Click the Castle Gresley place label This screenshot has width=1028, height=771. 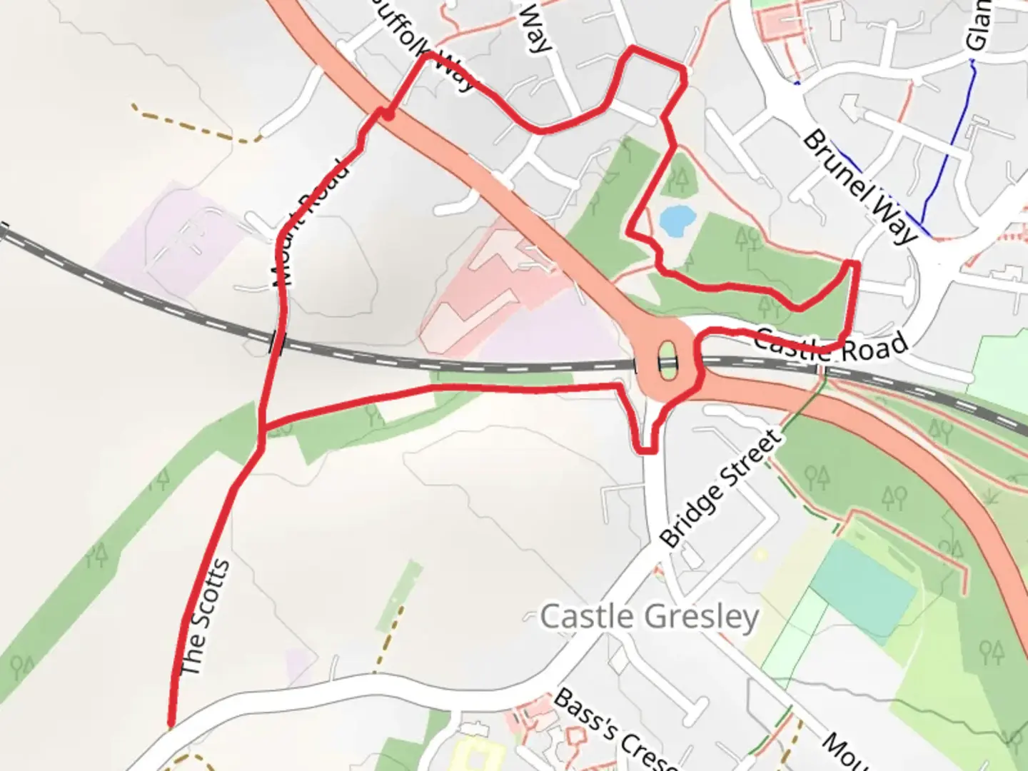(x=649, y=617)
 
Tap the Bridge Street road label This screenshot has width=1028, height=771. (x=721, y=490)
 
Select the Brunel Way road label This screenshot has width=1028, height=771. (x=860, y=186)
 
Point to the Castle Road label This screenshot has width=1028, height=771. (x=832, y=346)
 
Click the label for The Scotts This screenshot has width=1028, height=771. (x=206, y=618)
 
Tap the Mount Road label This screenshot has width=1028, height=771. (x=312, y=225)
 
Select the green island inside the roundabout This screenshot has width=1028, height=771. (x=667, y=361)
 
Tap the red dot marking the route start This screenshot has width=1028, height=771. (x=389, y=114)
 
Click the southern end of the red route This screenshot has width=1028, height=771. (x=171, y=725)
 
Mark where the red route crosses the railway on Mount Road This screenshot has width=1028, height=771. (x=278, y=342)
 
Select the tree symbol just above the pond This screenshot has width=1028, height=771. (x=680, y=178)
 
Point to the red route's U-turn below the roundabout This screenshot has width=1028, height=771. (x=646, y=450)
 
